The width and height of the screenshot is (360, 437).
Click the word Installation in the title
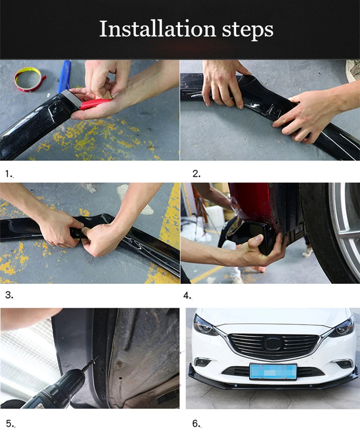tap(157, 29)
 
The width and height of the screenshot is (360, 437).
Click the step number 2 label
tap(196, 174)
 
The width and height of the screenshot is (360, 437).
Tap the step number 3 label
tap(9, 295)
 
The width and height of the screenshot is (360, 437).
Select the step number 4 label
tap(187, 296)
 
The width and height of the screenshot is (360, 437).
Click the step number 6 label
tap(196, 424)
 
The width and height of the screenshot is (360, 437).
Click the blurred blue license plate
tap(273, 371)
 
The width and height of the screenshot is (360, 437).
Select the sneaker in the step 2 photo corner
tap(352, 70)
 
